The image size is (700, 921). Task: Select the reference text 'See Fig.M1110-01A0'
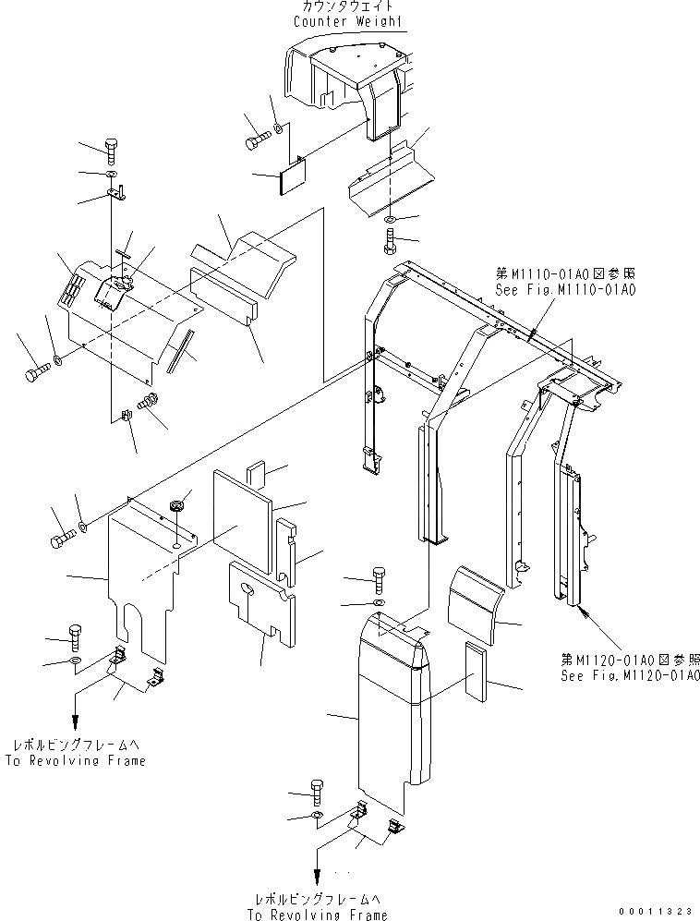[566, 289]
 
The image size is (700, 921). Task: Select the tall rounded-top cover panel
[388, 711]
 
